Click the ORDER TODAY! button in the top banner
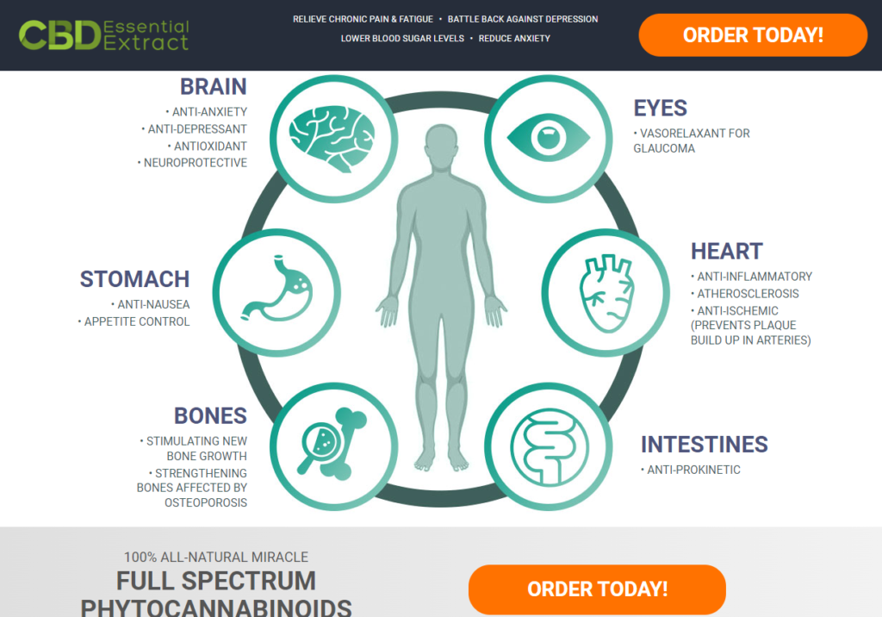coord(753,35)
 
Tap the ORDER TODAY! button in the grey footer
coord(597,589)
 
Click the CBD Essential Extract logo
coord(104,35)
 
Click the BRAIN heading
coord(213,87)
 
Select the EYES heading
coord(661,109)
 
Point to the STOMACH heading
coord(134,279)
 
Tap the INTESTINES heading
coord(704,445)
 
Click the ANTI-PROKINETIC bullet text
coord(693,470)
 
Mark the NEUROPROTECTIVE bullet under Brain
coord(195,163)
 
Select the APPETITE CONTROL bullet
coord(136,321)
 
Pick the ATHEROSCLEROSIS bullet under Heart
coord(748,294)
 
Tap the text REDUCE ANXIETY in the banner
coord(514,38)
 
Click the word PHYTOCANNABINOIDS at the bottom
coord(216,607)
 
